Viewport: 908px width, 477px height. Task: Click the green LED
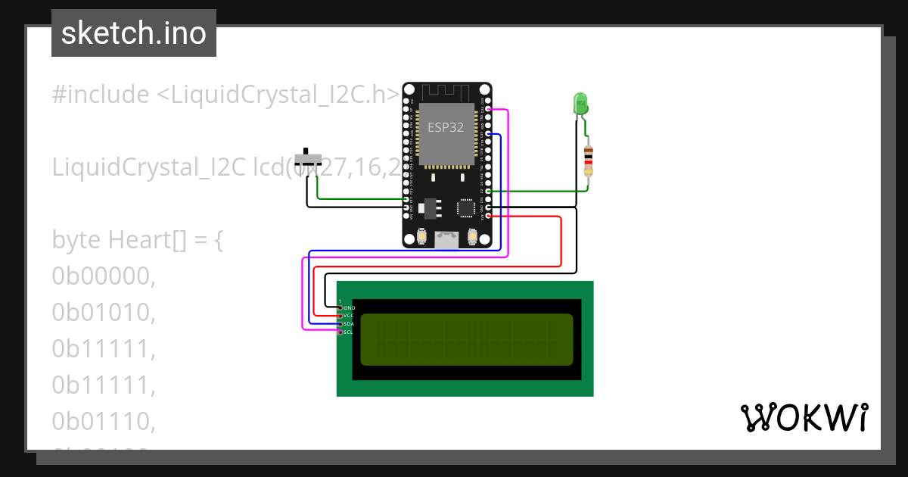pos(580,104)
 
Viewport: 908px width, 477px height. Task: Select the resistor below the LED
pos(589,161)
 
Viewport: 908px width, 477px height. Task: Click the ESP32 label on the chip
pos(446,127)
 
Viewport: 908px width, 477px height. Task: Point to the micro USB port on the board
pos(446,240)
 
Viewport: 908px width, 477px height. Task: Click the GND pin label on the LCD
pos(349,308)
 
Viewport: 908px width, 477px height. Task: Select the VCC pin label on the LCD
pos(349,316)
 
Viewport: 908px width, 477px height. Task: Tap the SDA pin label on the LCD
pos(349,324)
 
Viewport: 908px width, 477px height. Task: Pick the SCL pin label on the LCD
pos(349,332)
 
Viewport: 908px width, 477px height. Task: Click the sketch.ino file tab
pos(134,33)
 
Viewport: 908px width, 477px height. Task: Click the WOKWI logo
pos(804,417)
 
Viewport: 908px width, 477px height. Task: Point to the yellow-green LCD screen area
pos(466,339)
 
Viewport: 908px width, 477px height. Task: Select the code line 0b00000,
pos(104,276)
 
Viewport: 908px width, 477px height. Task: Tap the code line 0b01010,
pos(104,312)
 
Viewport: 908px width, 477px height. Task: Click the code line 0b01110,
pos(104,420)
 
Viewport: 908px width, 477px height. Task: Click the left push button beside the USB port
pos(421,238)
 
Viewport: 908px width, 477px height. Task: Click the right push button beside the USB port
pos(473,238)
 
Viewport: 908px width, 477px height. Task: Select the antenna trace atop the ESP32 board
pos(446,92)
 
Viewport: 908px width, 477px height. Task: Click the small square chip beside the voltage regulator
pos(466,207)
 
